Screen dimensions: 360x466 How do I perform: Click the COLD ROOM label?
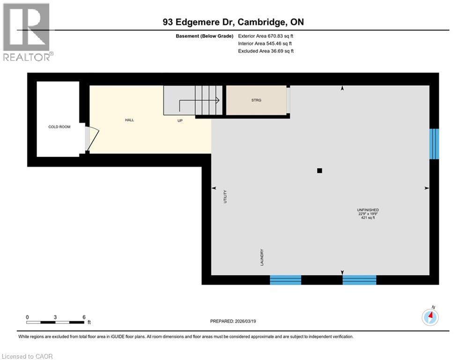(59, 127)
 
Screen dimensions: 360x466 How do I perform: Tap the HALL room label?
(129, 120)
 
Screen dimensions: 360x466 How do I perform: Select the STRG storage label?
(256, 100)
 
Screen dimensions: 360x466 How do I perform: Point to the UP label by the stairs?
(180, 120)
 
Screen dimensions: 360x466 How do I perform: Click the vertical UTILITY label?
(225, 196)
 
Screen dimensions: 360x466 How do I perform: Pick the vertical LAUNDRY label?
(262, 258)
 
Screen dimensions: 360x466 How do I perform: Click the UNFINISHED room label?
(367, 210)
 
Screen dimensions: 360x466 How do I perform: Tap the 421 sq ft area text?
(367, 217)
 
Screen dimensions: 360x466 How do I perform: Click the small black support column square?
(319, 171)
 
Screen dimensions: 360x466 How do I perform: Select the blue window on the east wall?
(435, 143)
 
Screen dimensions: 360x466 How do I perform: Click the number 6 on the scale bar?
(84, 317)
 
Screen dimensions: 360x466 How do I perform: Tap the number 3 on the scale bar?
(55, 317)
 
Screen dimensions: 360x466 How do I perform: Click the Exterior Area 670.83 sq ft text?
(266, 36)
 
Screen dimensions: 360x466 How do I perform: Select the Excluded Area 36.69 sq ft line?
(266, 51)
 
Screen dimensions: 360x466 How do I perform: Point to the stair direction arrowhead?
(218, 99)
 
